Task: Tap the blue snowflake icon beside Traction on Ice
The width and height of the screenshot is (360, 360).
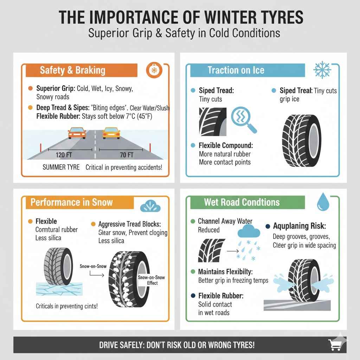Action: [x=322, y=70]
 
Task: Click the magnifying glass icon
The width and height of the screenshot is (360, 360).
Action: [x=243, y=120]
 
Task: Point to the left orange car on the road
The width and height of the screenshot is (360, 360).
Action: [x=77, y=133]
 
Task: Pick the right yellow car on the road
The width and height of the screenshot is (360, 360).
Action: [x=111, y=133]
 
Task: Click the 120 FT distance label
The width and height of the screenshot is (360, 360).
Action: [x=65, y=155]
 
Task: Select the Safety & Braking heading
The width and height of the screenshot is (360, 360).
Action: [x=72, y=70]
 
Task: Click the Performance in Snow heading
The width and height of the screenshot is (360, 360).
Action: [x=71, y=202]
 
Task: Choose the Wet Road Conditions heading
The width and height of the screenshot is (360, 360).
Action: [x=242, y=202]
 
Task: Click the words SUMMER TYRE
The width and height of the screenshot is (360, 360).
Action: [x=61, y=167]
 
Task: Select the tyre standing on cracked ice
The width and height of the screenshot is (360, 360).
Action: [x=58, y=271]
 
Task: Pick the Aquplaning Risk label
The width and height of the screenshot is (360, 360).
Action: [x=299, y=226]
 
